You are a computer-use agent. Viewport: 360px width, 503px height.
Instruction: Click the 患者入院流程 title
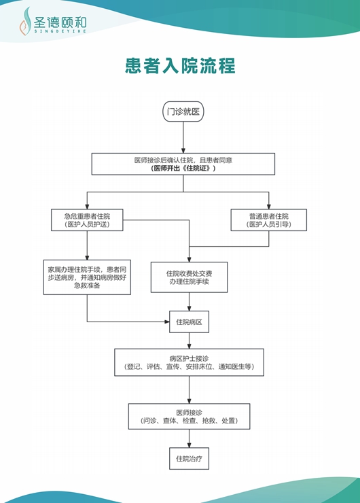point(180,66)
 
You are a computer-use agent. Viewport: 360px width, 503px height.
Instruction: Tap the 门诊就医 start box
point(183,111)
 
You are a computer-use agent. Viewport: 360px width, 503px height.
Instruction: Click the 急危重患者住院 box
point(87,220)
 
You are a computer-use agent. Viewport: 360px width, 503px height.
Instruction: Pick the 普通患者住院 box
point(268,220)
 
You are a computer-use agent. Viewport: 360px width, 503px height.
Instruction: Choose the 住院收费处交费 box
point(189,277)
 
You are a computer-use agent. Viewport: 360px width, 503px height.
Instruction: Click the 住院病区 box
point(189,322)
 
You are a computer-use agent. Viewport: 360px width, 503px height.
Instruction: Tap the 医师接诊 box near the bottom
point(189,416)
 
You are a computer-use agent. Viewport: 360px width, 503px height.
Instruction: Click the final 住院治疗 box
point(189,458)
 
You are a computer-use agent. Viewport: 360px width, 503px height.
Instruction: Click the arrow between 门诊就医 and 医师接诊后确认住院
point(183,138)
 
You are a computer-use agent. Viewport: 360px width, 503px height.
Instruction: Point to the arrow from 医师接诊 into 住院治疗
point(189,438)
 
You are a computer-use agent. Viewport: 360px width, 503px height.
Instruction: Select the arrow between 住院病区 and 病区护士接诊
point(189,341)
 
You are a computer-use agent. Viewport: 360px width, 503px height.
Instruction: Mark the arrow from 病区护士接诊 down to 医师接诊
point(189,389)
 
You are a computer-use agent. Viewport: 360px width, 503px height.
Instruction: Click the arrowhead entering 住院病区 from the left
point(165,322)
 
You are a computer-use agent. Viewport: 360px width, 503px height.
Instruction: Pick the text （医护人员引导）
point(268,224)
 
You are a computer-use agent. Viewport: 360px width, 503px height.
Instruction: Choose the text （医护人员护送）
point(87,224)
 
